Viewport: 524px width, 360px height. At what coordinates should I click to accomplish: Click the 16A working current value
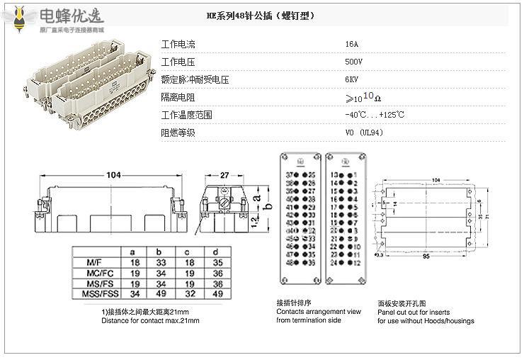(x=351, y=44)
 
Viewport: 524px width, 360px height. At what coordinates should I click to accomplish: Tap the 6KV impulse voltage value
(x=351, y=79)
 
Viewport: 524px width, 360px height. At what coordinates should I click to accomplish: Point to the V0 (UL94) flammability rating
(x=364, y=132)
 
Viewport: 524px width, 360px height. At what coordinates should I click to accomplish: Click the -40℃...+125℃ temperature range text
(x=374, y=115)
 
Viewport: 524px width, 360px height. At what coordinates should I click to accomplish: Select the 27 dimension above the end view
(x=224, y=175)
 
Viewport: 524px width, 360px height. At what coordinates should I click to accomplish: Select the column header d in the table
(x=216, y=252)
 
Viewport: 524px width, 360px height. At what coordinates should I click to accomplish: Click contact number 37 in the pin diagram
(x=288, y=174)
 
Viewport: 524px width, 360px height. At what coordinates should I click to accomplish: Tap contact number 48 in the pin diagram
(x=288, y=261)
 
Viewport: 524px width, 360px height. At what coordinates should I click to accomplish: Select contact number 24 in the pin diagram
(x=333, y=261)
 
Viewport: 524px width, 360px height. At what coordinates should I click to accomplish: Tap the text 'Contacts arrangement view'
(x=319, y=312)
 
